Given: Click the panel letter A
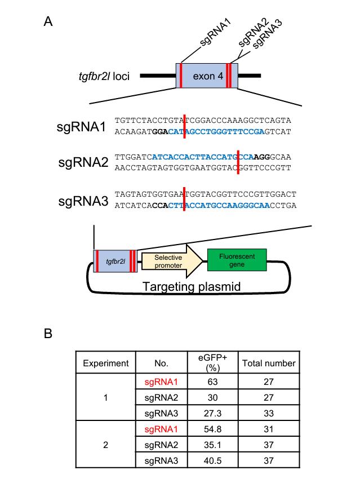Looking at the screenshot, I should [48, 22].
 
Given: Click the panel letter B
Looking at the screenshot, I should [48, 333].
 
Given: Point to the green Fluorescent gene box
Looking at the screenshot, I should [237, 259].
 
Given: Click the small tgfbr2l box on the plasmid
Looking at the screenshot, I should [114, 261].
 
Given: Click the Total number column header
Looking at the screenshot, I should [269, 363].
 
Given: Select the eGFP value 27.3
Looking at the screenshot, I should [215, 412].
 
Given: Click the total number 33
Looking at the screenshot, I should [269, 412].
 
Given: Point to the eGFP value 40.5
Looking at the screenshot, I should [215, 460].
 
